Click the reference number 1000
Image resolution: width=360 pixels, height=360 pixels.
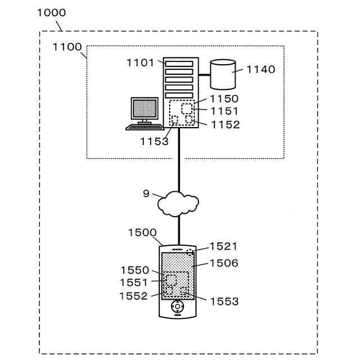(51, 12)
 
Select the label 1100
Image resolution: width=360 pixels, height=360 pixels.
(67, 47)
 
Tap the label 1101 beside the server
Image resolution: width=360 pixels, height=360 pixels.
(140, 62)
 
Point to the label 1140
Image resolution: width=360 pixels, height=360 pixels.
(261, 69)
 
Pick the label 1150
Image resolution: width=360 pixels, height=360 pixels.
(224, 99)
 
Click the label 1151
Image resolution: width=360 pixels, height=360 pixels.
(224, 111)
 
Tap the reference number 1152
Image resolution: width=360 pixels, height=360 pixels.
(225, 125)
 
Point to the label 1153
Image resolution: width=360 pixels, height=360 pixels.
(155, 142)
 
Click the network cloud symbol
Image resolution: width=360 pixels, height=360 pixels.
(178, 203)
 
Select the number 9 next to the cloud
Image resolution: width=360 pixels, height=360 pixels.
(146, 193)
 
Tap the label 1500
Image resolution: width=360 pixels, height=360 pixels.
(142, 232)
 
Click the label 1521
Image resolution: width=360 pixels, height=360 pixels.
(224, 246)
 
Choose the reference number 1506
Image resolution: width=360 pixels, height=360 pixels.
(224, 263)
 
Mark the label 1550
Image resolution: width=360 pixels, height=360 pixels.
(135, 271)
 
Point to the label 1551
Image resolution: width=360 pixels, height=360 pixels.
(134, 282)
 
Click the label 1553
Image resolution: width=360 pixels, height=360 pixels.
(224, 301)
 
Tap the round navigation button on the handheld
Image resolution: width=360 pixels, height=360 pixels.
(178, 307)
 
